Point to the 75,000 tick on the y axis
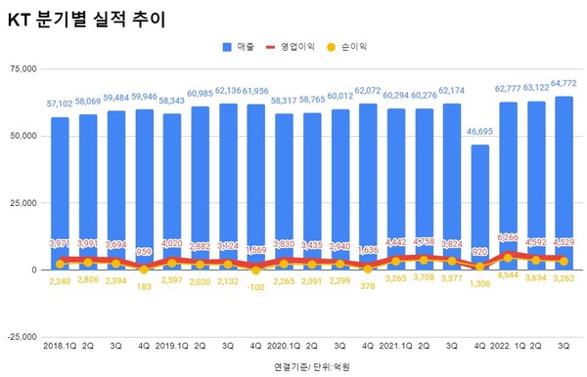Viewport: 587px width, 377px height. [x=22, y=68]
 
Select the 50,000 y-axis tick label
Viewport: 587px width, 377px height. [x=22, y=136]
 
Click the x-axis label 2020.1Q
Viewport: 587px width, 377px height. [x=284, y=346]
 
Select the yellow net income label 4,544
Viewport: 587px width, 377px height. [x=508, y=274]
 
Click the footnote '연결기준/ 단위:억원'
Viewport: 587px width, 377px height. [x=315, y=365]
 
